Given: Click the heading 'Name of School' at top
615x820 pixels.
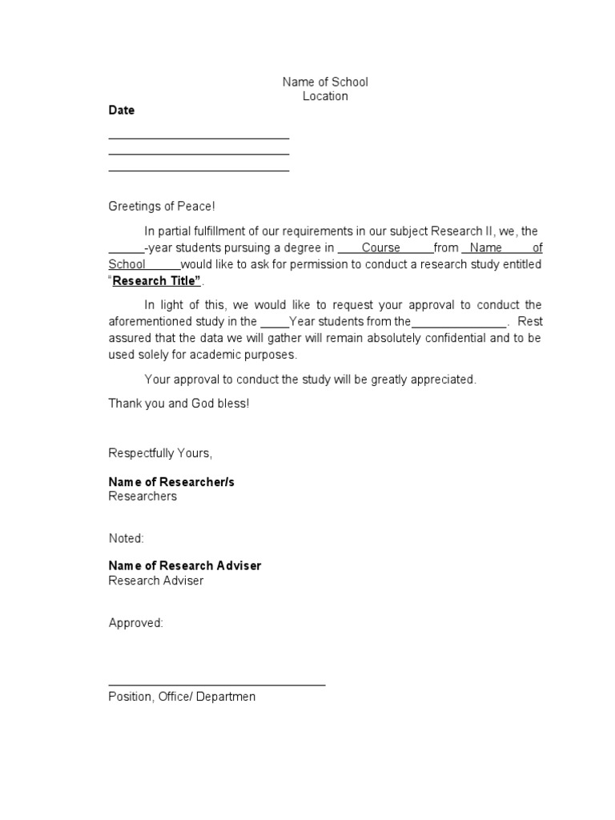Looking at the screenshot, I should tap(324, 82).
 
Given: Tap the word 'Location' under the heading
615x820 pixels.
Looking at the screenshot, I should tap(324, 96).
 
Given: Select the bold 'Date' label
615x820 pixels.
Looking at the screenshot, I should tap(122, 111).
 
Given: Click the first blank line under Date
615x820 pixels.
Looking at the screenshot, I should tap(199, 139).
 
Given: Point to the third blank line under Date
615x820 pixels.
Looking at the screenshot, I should tap(199, 171).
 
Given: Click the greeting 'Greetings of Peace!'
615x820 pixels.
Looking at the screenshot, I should tap(162, 207).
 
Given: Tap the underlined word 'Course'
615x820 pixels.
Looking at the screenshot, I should tap(380, 247).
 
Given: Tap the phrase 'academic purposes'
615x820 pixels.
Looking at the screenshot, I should tap(251, 354).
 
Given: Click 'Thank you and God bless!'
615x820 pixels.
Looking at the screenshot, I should tap(179, 404).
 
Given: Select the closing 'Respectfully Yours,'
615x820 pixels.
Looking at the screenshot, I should tap(160, 453).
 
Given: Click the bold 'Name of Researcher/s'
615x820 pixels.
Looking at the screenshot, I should tap(171, 482).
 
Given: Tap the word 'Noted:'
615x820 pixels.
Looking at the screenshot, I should tap(127, 538).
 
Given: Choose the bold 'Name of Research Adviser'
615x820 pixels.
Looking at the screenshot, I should tap(185, 565).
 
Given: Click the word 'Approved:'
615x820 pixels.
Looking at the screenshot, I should tap(135, 622).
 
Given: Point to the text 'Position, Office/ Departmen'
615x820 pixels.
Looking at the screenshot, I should tap(182, 697).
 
